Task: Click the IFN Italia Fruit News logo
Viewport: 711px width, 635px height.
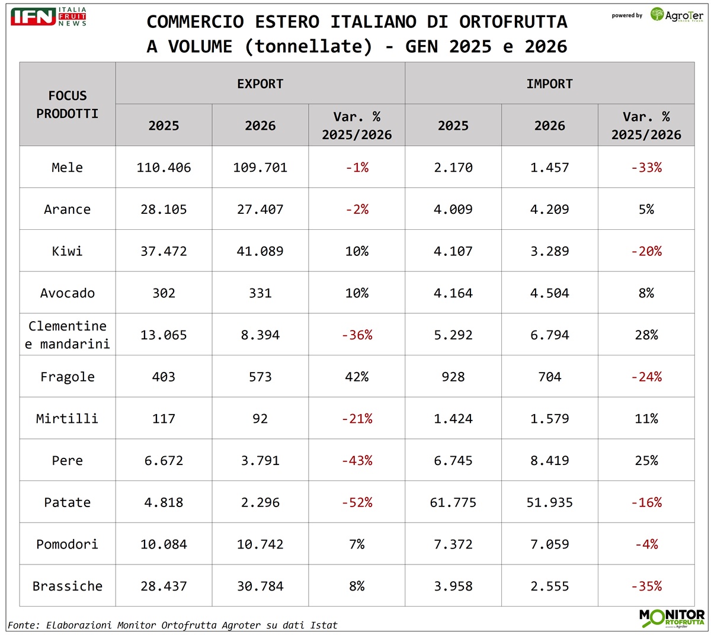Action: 49,17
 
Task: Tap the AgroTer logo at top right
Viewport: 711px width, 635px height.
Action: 676,15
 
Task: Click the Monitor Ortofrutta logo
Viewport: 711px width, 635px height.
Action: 672,618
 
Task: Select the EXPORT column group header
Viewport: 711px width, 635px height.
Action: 260,84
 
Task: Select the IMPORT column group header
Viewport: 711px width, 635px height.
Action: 549,84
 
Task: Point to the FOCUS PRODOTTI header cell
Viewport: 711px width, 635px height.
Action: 68,104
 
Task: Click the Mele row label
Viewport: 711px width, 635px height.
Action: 68,168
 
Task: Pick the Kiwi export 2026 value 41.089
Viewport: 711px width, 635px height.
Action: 260,251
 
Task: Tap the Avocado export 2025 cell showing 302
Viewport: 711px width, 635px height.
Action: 164,293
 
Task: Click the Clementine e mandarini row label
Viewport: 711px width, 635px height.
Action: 68,335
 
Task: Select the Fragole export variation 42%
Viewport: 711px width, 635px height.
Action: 357,377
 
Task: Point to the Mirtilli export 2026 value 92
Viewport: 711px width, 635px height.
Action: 260,419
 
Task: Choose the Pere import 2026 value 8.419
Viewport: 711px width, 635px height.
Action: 549,460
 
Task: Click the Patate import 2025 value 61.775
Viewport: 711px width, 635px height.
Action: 453,502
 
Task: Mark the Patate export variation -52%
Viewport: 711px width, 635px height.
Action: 357,502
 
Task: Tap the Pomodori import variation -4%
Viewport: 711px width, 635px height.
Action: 646,544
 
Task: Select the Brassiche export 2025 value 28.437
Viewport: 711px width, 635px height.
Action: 164,586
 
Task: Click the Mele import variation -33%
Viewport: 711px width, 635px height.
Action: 646,168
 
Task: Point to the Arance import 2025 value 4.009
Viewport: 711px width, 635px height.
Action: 453,209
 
